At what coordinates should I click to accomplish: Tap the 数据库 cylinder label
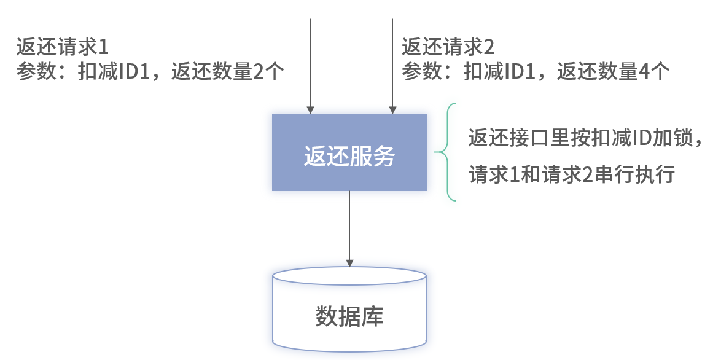tap(349, 317)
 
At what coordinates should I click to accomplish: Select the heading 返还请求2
tap(448, 47)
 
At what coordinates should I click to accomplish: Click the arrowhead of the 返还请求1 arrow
tap(311, 110)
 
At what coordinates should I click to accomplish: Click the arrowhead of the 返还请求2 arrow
tap(392, 110)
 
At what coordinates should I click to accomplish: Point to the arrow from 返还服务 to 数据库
tap(349, 227)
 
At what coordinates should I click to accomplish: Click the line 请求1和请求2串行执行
tap(572, 175)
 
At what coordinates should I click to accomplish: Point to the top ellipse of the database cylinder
tap(349, 276)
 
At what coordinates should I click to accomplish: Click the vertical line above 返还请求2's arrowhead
tap(392, 61)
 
